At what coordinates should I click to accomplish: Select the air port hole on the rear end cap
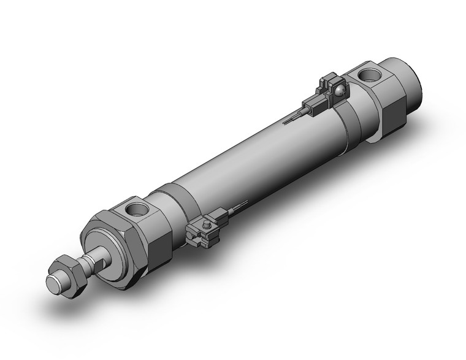372,76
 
